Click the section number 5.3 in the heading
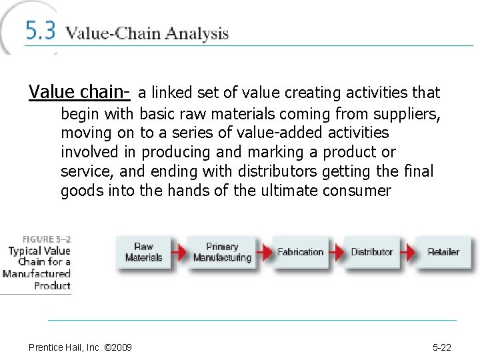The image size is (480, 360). click(41, 32)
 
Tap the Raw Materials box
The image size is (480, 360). click(143, 252)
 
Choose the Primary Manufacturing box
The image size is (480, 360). click(221, 252)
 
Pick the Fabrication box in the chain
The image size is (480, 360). click(300, 252)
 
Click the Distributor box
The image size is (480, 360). click(371, 252)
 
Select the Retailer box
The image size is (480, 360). click(443, 252)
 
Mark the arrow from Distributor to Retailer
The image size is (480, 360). click(407, 252)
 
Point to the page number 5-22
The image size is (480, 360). click(442, 347)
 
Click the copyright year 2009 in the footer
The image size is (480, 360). click(123, 347)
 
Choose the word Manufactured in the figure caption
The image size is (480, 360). click(37, 274)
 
